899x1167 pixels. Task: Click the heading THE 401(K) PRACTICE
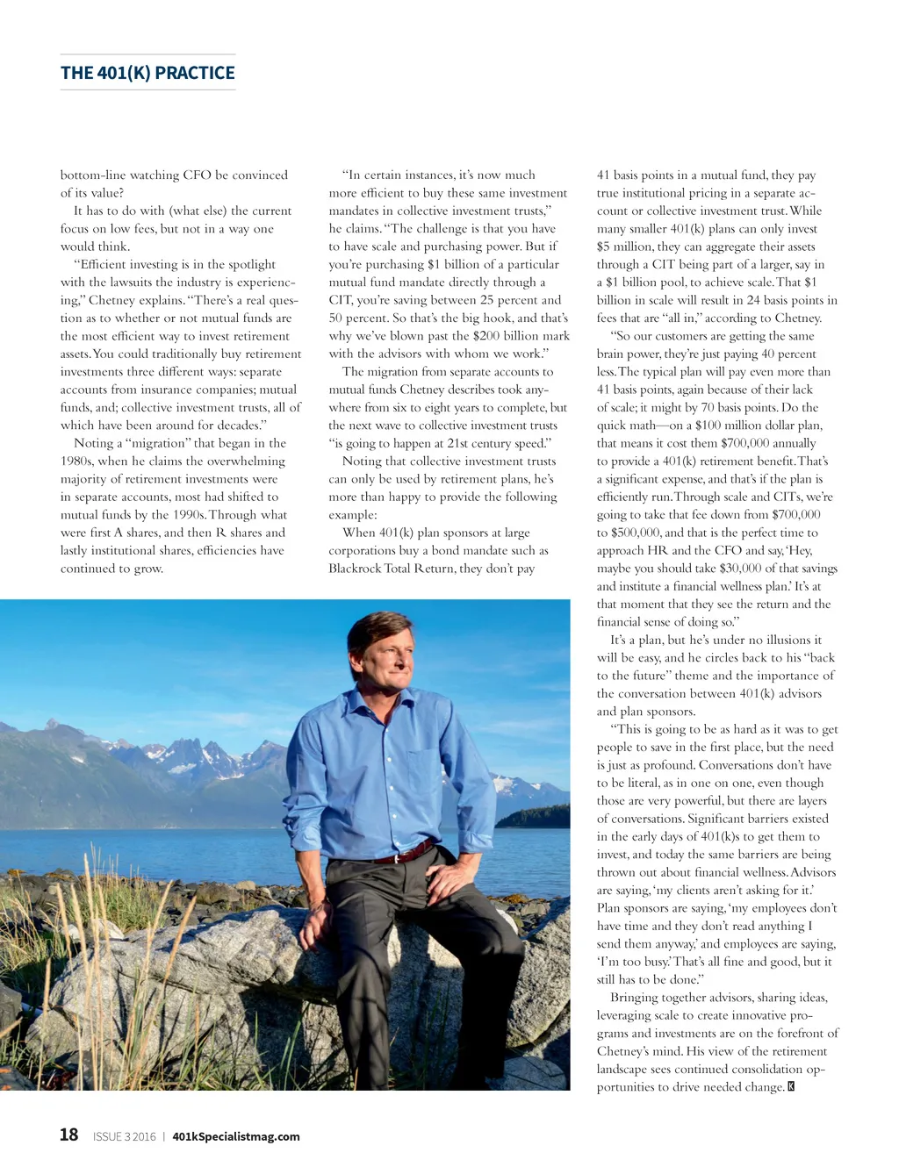pos(147,73)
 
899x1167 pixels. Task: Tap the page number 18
pos(68,1135)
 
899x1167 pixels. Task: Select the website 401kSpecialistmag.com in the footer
pos(236,1136)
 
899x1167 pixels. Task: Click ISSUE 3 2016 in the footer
pos(124,1136)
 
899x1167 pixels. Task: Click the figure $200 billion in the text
pos(504,336)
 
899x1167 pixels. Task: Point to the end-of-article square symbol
pos(792,1087)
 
